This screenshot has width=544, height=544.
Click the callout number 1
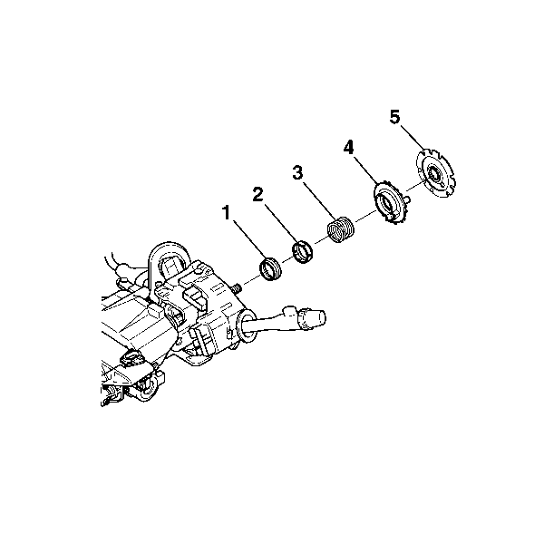tap(227, 213)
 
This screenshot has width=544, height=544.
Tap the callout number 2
tap(257, 194)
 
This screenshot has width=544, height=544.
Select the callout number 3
tap(297, 172)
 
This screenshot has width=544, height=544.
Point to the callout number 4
tap(349, 148)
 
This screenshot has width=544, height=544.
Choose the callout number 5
tap(394, 117)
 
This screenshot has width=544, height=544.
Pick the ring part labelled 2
tap(302, 251)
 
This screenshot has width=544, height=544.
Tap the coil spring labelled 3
tap(341, 229)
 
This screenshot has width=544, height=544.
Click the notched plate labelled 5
tap(435, 173)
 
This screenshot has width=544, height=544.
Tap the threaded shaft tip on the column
tap(238, 287)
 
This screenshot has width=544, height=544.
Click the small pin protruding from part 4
tap(407, 199)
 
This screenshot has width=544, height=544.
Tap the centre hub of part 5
tap(434, 173)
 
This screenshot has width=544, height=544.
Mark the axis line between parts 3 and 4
tap(364, 216)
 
